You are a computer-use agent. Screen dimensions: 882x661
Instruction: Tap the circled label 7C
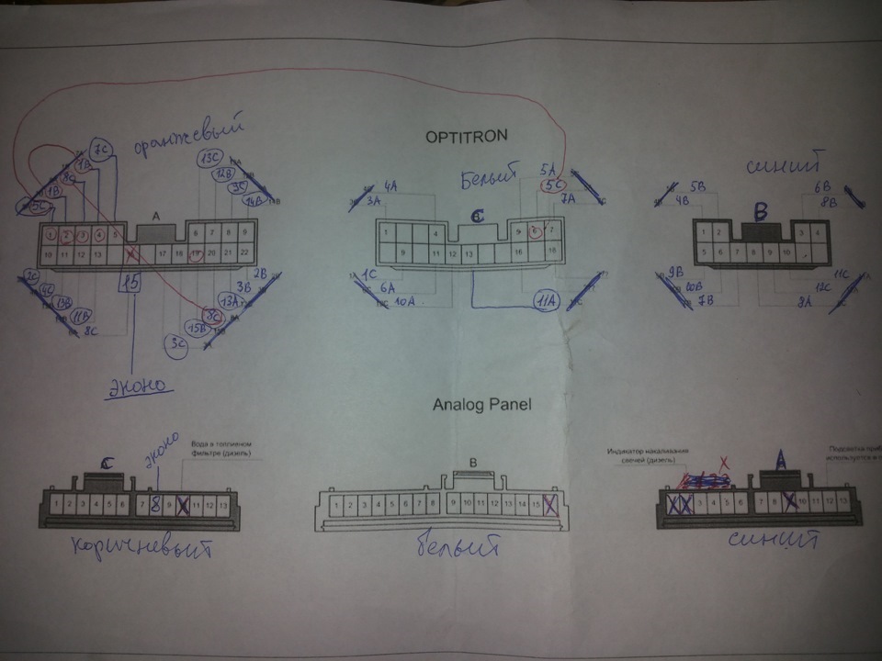coord(102,149)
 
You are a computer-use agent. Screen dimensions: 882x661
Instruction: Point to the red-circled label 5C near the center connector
coord(553,185)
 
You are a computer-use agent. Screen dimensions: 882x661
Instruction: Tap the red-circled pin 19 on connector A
coord(195,253)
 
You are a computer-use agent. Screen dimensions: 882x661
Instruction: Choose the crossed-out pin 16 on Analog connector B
coord(550,503)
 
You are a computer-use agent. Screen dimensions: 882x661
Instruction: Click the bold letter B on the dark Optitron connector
coord(760,213)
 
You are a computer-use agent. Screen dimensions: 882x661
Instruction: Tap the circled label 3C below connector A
coord(178,343)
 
